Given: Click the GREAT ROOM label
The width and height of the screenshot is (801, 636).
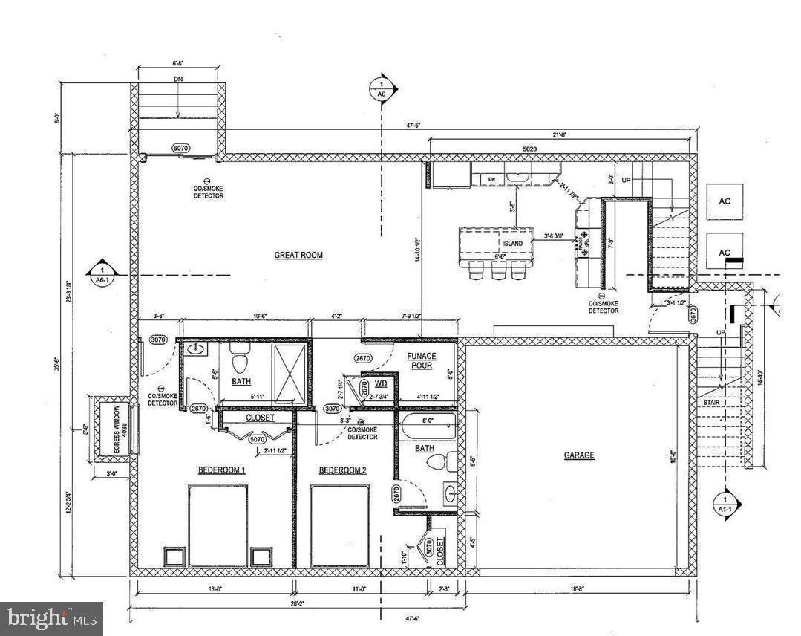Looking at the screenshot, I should tap(298, 255).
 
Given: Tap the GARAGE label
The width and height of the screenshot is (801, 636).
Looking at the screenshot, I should tap(578, 455).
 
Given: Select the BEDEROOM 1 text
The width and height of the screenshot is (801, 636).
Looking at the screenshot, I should tap(221, 470).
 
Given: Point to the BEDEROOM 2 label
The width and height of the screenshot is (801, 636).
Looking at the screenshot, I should tap(342, 470).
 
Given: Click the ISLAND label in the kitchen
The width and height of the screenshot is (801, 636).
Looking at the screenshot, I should tap(513, 244).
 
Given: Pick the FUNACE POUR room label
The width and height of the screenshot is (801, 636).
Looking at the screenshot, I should tap(422, 361).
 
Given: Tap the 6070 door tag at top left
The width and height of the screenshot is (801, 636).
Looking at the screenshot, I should tap(180, 148).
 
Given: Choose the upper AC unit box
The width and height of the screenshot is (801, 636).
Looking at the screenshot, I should tap(725, 201).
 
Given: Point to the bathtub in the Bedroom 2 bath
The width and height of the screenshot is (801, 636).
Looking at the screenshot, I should tap(428, 429).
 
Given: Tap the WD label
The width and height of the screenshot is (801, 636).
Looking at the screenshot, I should tap(380, 384).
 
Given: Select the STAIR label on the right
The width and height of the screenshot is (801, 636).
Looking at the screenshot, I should tap(711, 402).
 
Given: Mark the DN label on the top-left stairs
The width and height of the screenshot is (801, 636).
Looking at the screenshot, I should tap(178, 78).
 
